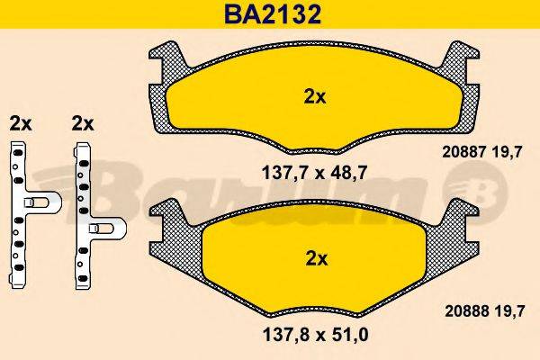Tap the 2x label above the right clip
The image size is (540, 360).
83,122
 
